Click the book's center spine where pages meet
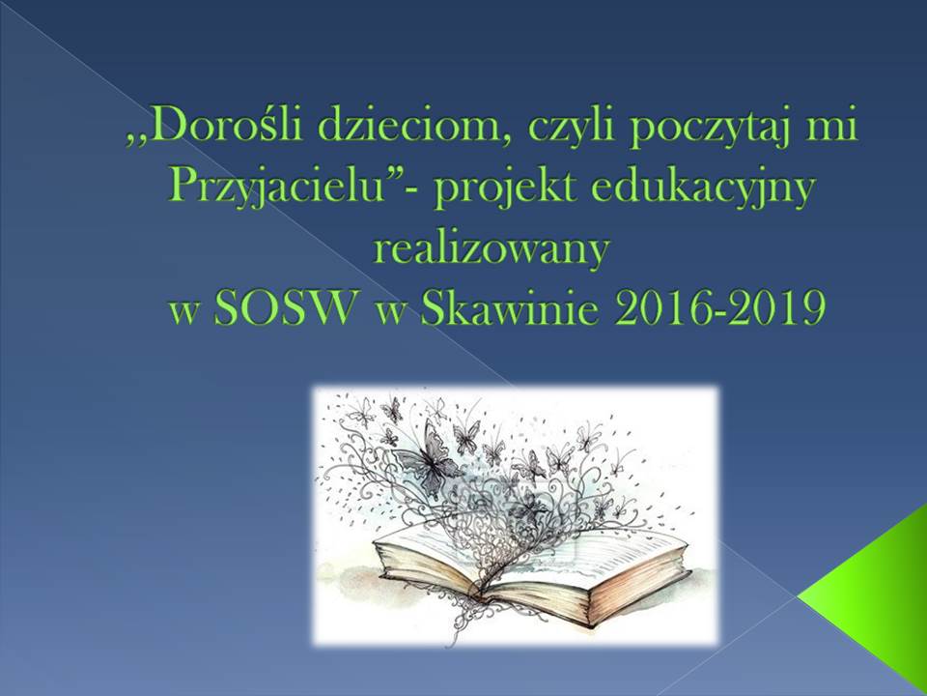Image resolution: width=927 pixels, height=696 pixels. (506, 570)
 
